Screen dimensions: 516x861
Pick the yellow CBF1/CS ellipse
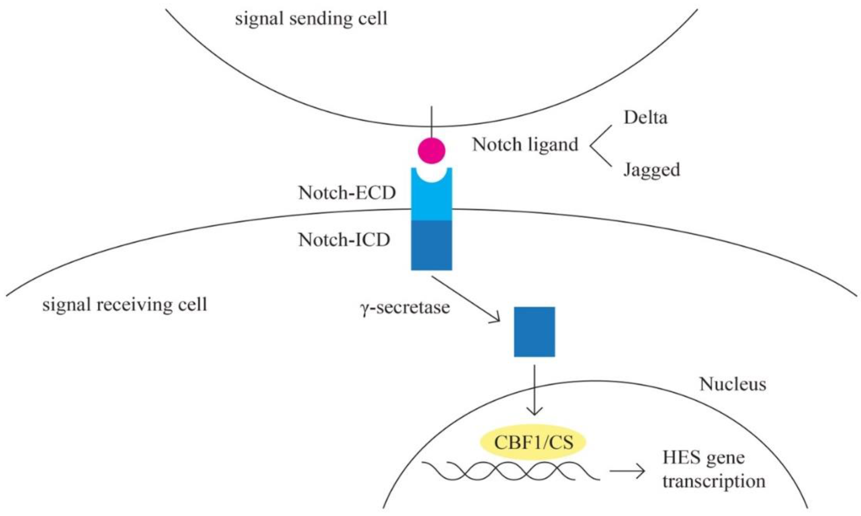[x=533, y=443]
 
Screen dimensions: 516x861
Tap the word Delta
[x=646, y=118]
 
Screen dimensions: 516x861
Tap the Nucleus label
[x=733, y=385]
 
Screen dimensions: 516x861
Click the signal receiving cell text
[x=124, y=305]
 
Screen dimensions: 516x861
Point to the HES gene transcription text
[x=713, y=469]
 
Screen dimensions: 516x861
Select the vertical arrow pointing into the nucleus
[x=534, y=389]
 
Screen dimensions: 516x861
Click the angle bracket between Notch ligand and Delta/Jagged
[x=600, y=145]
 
